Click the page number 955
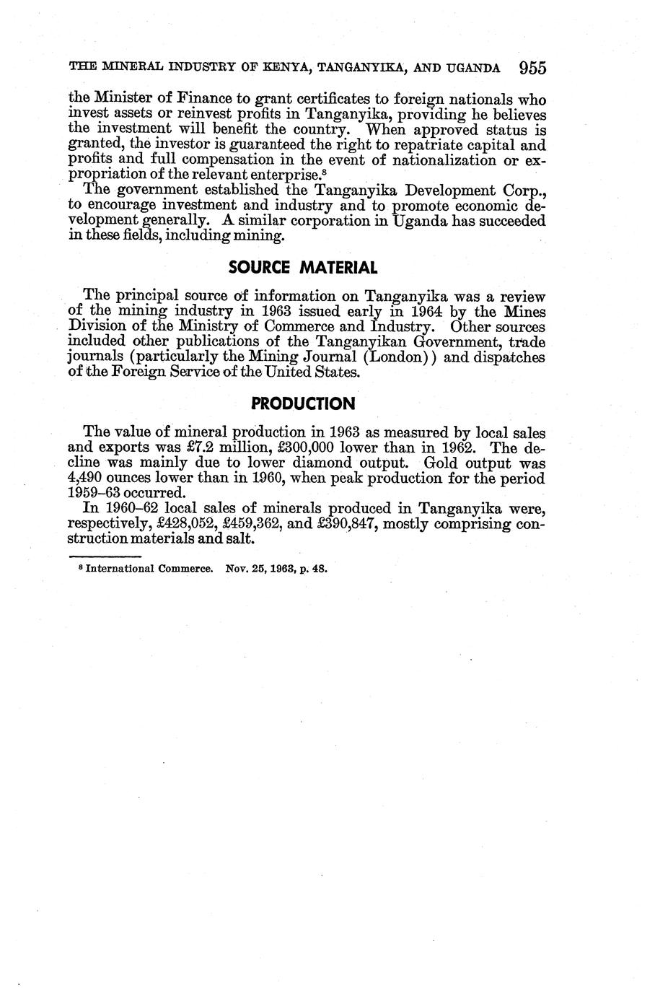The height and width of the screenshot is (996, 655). [532, 69]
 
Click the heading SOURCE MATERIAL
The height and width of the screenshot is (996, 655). [302, 268]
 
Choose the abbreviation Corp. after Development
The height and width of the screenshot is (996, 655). [522, 191]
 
